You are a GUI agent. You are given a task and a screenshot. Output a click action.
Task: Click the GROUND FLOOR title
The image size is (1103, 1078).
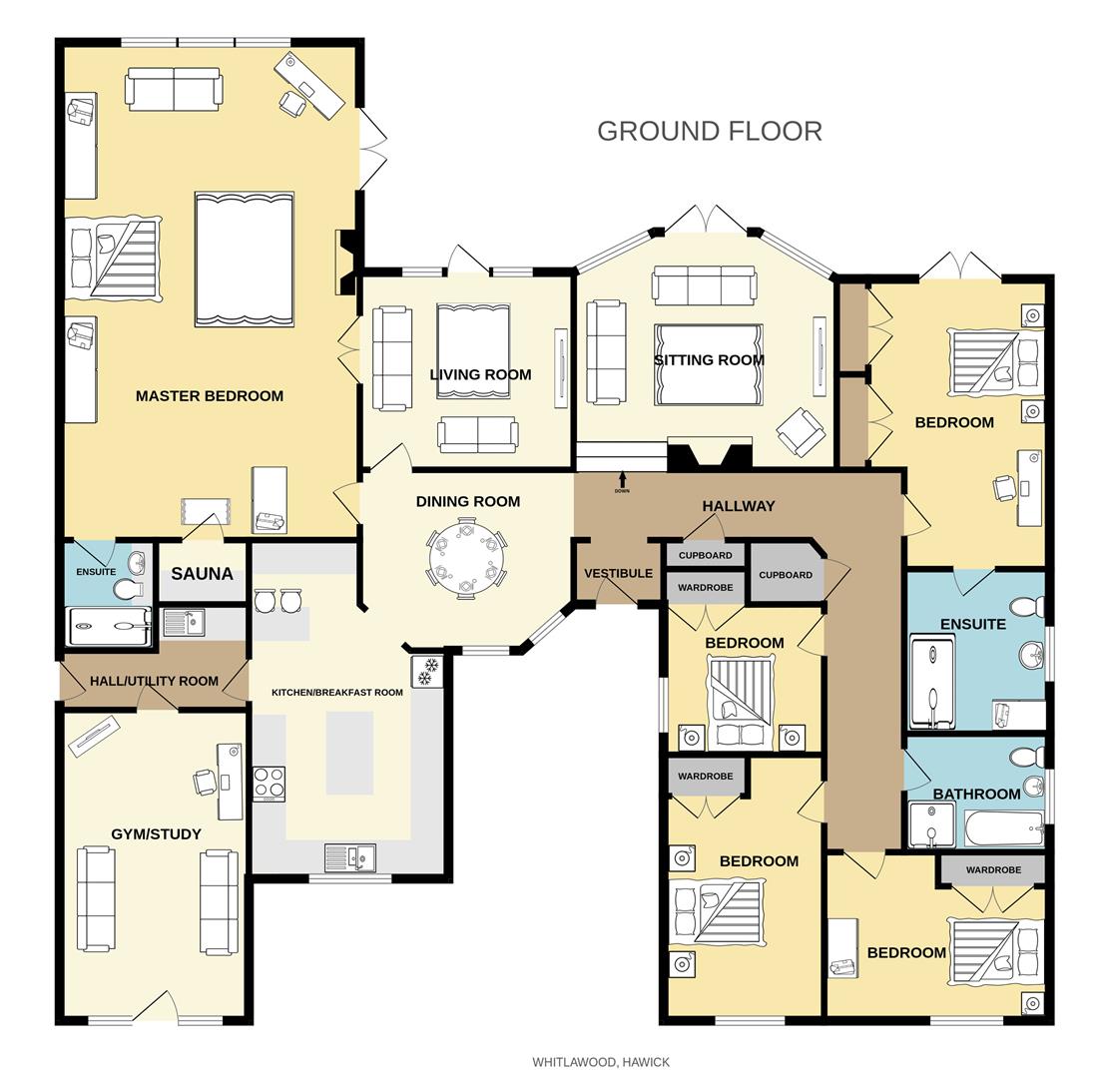[x=709, y=131]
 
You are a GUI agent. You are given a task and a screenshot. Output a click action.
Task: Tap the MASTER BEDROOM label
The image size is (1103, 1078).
[x=209, y=396]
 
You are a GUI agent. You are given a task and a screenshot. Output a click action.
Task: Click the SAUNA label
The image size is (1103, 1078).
[x=202, y=574]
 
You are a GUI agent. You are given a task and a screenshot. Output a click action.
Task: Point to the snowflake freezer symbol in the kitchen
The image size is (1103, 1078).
[x=425, y=672]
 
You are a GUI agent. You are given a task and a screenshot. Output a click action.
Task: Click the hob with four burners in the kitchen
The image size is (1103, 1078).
[x=269, y=783]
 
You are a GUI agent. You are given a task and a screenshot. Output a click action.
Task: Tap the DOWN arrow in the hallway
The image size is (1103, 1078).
[x=622, y=480]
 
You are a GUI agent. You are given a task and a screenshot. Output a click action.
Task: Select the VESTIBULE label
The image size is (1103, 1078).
[x=618, y=574]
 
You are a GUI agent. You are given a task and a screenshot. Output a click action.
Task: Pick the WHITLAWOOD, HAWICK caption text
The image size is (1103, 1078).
[x=600, y=1062]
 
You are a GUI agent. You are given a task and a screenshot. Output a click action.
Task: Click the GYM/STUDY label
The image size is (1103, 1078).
[x=156, y=834]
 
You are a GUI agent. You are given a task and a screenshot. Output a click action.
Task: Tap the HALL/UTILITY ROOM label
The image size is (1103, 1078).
[x=154, y=681]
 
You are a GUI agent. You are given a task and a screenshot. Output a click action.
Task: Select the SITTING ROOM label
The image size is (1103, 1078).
[x=709, y=360]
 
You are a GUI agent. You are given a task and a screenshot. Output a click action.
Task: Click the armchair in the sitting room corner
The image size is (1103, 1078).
[x=801, y=431]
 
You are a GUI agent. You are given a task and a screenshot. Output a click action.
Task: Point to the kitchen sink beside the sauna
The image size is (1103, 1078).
[x=184, y=623]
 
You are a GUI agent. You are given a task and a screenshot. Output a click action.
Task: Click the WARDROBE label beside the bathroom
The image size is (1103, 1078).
[x=993, y=870]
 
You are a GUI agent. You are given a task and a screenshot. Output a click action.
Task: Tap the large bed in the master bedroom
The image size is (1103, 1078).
[x=244, y=260]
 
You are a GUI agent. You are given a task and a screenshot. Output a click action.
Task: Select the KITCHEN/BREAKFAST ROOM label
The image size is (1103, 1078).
[x=337, y=692]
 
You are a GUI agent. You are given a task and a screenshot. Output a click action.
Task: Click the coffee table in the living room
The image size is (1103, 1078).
[x=473, y=350]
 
